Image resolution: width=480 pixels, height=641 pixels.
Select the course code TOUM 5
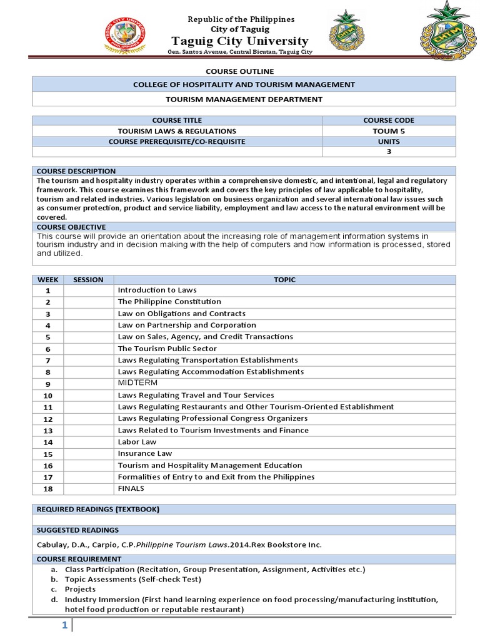pos(389,131)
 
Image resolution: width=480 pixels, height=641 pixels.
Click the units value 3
pos(389,151)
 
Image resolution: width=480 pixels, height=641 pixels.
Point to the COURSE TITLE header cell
pos(177,120)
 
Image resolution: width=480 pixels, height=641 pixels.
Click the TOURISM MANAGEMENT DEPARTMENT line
pos(244,99)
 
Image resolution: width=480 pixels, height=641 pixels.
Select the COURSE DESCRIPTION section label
pos(76,171)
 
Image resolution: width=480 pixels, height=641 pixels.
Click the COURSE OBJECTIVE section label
pos(71,227)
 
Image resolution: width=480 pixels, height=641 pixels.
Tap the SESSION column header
pos(88,280)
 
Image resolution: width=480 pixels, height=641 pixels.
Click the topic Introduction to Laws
pos(157,290)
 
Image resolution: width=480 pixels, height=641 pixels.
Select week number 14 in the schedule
pos(47,443)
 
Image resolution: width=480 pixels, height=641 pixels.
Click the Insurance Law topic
pos(145,453)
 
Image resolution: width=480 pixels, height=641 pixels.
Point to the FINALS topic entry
pos(131,488)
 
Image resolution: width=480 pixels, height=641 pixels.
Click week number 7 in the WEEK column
pos(47,361)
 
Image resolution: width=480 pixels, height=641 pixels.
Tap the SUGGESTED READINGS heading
pos(77,530)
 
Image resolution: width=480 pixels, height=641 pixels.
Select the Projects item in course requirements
pos(80,589)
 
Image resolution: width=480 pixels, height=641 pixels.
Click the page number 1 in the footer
pos(64,626)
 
